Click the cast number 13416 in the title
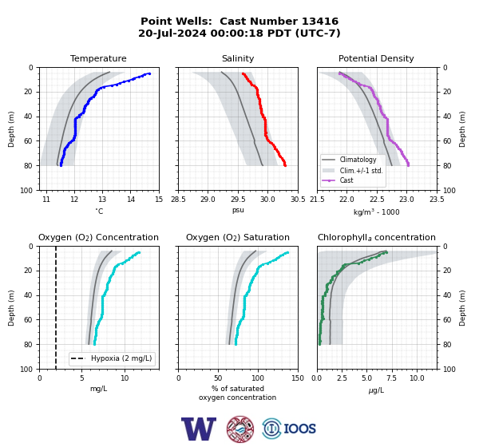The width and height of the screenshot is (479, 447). tap(320, 22)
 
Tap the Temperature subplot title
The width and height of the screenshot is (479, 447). tap(98, 58)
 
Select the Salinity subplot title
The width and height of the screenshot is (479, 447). tap(238, 58)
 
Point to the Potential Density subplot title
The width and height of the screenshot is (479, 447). tap(376, 58)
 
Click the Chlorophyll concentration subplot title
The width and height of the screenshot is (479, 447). tap(376, 237)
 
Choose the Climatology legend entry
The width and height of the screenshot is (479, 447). tap(358, 160)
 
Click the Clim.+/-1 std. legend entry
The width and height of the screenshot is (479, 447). tap(361, 171)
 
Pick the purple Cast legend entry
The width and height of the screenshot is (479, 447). tap(346, 180)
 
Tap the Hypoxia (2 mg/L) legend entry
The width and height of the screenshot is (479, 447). tap(121, 358)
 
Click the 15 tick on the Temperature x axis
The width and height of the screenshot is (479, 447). tap(159, 200)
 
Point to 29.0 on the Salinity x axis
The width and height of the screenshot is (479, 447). tap(208, 200)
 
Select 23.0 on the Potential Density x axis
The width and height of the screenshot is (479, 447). tap(406, 200)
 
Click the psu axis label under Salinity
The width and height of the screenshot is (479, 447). tap(238, 210)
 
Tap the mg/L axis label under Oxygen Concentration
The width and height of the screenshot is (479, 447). tap(98, 389)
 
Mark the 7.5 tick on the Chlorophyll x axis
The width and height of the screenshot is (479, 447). tap(392, 378)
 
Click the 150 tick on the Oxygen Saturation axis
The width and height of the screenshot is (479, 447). tap(298, 378)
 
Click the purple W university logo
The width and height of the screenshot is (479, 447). tap(199, 429)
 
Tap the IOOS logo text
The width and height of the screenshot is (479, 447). tap(299, 429)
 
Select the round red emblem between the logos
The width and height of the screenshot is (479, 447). tap(240, 429)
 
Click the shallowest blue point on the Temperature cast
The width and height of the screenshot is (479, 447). tap(149, 73)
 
